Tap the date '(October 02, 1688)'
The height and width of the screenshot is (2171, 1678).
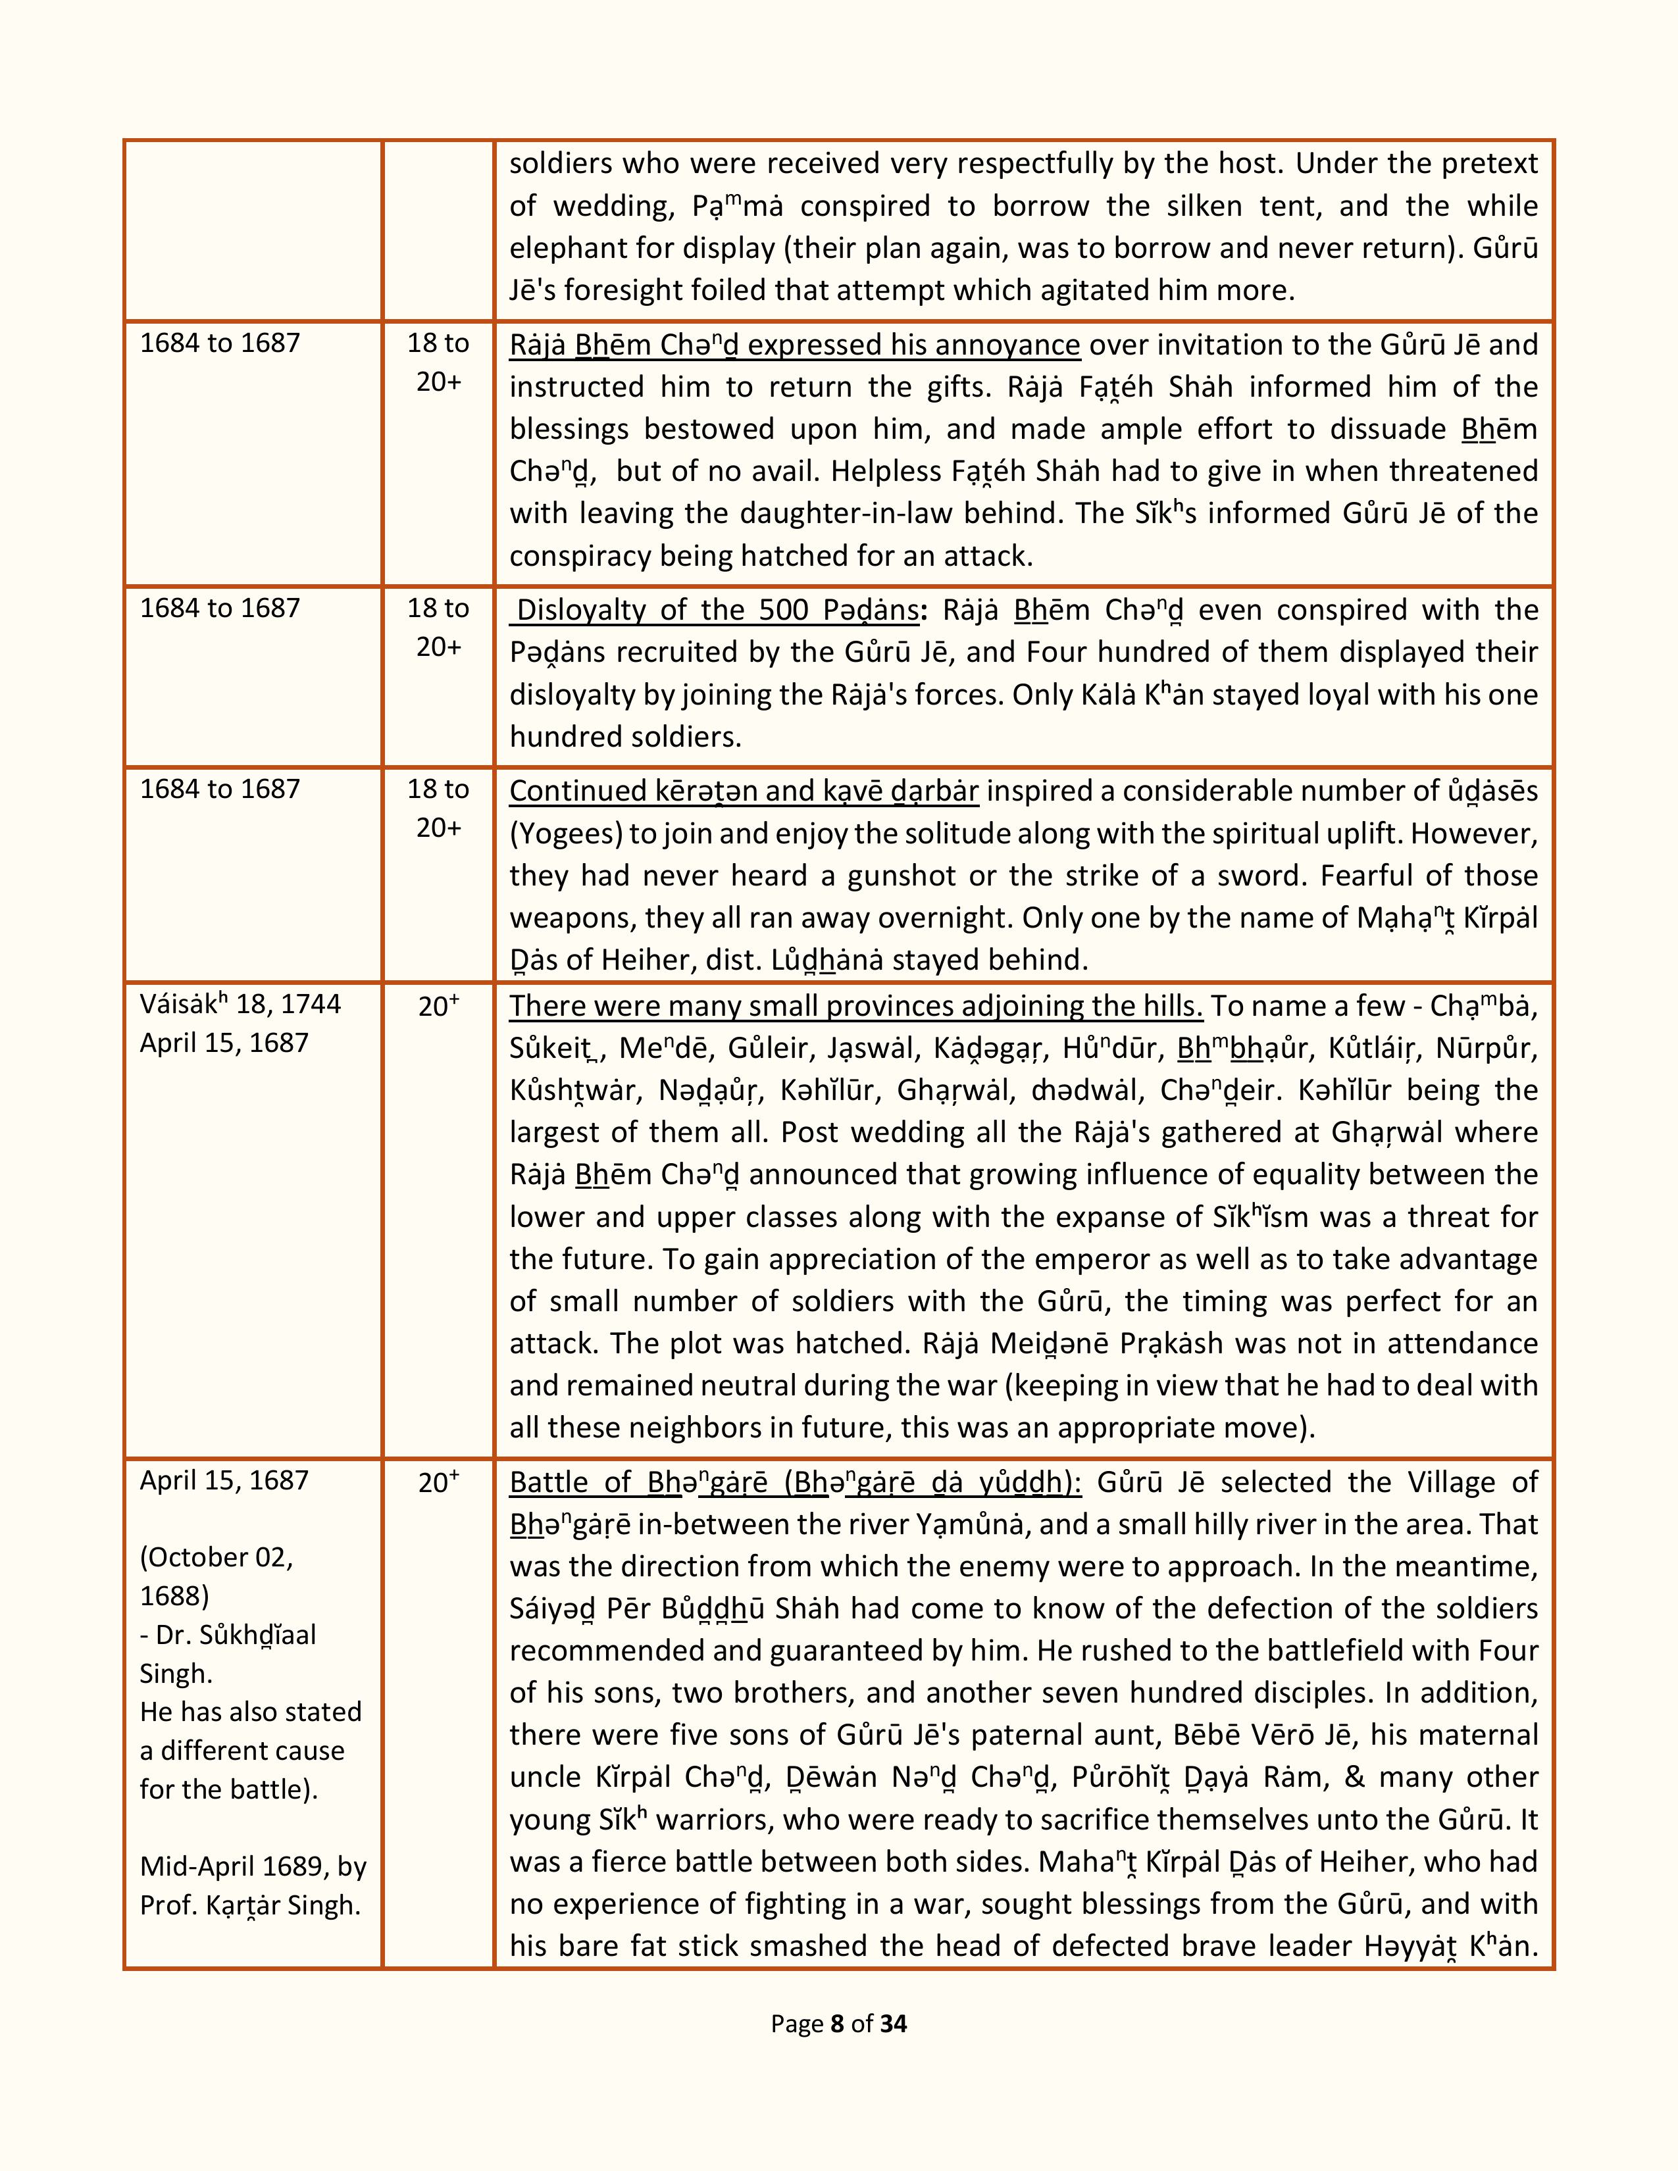coord(216,1576)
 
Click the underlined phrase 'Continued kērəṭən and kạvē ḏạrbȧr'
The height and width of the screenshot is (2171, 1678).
coord(744,791)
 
